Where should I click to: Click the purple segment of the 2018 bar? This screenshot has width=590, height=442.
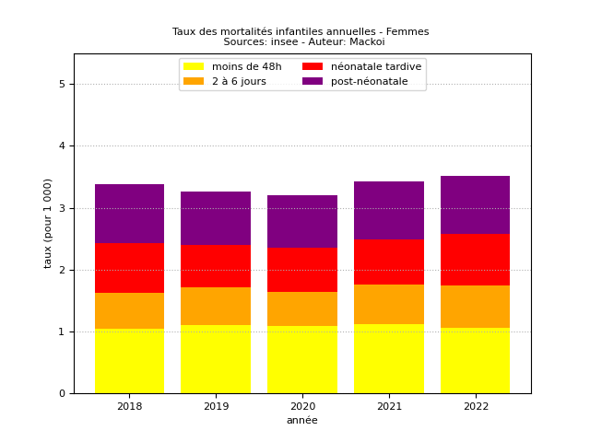[x=129, y=214]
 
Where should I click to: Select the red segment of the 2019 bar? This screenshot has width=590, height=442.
[x=216, y=266]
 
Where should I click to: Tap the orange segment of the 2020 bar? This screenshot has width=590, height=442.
[x=302, y=308]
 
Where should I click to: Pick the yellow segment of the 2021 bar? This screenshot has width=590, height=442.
[x=389, y=359]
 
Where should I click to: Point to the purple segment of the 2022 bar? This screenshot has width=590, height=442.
[x=475, y=204]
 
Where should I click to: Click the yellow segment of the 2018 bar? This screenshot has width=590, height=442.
[x=129, y=361]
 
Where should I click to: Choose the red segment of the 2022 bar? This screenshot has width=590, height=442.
[x=475, y=260]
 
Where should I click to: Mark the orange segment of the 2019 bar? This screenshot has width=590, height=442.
[x=216, y=306]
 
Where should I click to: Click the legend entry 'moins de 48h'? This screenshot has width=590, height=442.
[x=246, y=66]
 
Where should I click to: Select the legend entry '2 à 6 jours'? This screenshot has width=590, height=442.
[x=239, y=81]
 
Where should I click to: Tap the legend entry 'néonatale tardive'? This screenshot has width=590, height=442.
[x=375, y=66]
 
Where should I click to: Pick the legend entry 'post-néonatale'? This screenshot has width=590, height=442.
[x=369, y=81]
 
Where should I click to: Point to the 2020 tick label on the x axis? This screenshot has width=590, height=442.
[x=302, y=406]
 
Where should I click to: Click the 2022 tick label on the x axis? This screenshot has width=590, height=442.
[x=475, y=406]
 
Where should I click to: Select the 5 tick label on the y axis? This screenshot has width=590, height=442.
[x=62, y=85]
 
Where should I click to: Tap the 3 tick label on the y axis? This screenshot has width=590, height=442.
[x=62, y=208]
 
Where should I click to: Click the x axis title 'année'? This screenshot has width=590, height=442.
[x=302, y=420]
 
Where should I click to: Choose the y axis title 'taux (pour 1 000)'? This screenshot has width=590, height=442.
[x=49, y=223]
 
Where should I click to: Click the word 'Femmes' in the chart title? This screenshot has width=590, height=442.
[x=407, y=32]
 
